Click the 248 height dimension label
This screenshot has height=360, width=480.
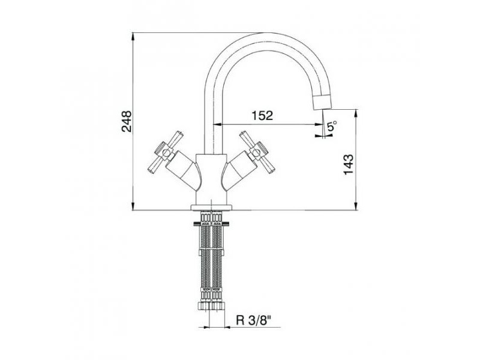127,121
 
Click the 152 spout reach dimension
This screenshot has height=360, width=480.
262,116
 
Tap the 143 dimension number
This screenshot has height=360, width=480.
349,164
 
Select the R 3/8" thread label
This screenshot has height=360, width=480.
254,320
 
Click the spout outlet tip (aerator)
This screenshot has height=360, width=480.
322,101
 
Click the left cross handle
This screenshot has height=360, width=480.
166,152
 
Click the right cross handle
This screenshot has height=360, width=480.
258,152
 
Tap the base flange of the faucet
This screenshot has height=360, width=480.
211,208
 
